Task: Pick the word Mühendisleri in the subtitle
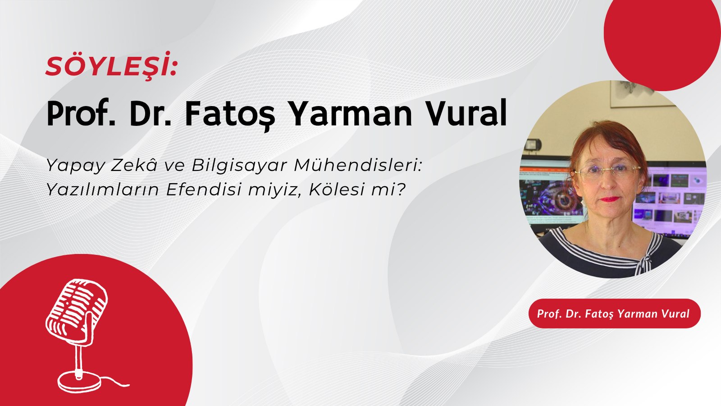tap(358, 165)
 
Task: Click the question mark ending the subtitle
tap(400, 189)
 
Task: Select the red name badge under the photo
tap(614, 314)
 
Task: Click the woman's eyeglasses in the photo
tap(607, 171)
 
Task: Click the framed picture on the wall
tap(639, 93)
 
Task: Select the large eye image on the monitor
tap(561, 200)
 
